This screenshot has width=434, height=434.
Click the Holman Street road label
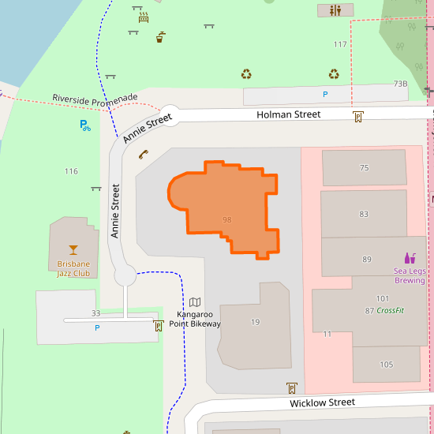288,114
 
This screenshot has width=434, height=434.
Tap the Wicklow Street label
322,402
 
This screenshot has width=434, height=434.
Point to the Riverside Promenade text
95,98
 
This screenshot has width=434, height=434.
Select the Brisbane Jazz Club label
73,268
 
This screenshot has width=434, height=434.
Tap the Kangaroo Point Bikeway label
195,319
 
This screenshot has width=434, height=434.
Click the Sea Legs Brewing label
410,275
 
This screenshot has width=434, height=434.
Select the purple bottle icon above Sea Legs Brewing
410,257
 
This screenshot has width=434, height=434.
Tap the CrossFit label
390,310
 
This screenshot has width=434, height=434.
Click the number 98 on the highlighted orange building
227,219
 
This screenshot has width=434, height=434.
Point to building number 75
364,168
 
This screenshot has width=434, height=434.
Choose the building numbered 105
386,364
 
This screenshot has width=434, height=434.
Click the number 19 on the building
255,322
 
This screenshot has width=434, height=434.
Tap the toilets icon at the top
336,10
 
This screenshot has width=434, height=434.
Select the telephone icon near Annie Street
143,155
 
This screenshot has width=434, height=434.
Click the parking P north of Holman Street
324,95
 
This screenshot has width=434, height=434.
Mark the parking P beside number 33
97,327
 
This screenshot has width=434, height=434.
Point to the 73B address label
400,84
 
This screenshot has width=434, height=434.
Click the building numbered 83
364,214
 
